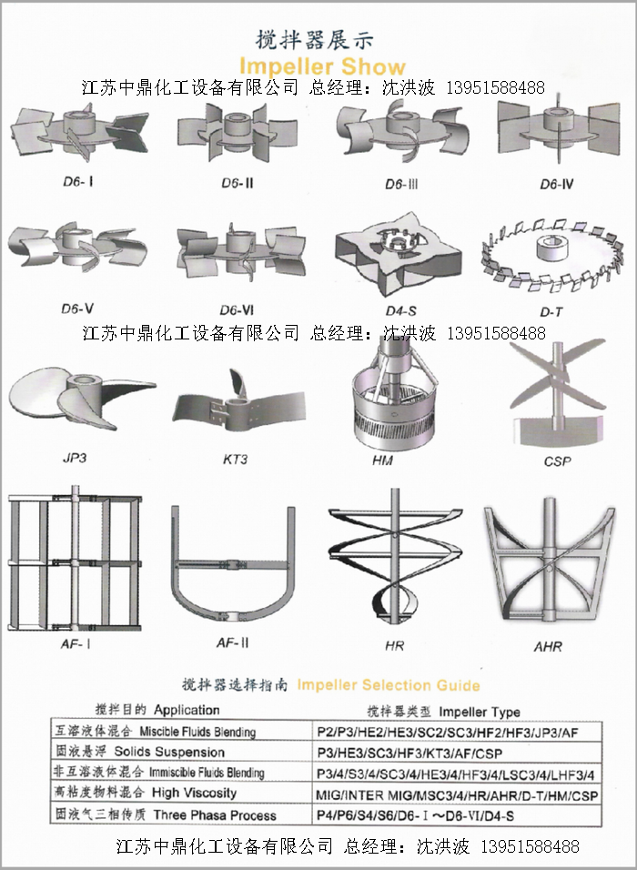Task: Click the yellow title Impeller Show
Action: (322, 66)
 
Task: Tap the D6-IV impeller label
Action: (557, 184)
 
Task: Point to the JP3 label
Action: (75, 459)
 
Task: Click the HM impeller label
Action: (383, 460)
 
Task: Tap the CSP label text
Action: (557, 461)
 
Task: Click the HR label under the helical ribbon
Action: (395, 646)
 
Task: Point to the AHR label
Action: (548, 646)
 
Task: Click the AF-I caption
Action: (76, 643)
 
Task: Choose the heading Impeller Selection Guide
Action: (389, 685)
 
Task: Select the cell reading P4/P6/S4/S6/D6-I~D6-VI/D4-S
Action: (416, 815)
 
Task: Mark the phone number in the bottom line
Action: (530, 846)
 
